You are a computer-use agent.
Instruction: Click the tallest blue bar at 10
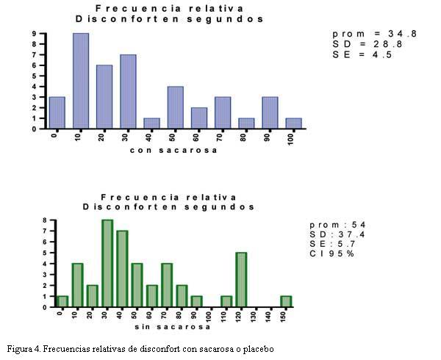click(x=81, y=81)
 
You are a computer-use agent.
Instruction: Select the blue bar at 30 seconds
click(x=128, y=92)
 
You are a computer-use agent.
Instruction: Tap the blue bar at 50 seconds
click(x=175, y=108)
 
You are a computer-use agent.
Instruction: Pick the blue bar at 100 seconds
click(x=293, y=123)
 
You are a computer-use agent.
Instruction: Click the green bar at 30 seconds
click(x=107, y=263)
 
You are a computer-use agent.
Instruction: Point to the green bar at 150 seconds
click(x=285, y=302)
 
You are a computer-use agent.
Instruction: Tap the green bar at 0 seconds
click(x=62, y=302)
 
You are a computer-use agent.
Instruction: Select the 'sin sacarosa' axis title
click(x=167, y=325)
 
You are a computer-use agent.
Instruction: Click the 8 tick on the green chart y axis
click(x=45, y=220)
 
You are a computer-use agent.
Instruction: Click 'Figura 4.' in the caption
click(x=26, y=348)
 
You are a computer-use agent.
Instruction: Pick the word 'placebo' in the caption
click(x=256, y=348)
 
